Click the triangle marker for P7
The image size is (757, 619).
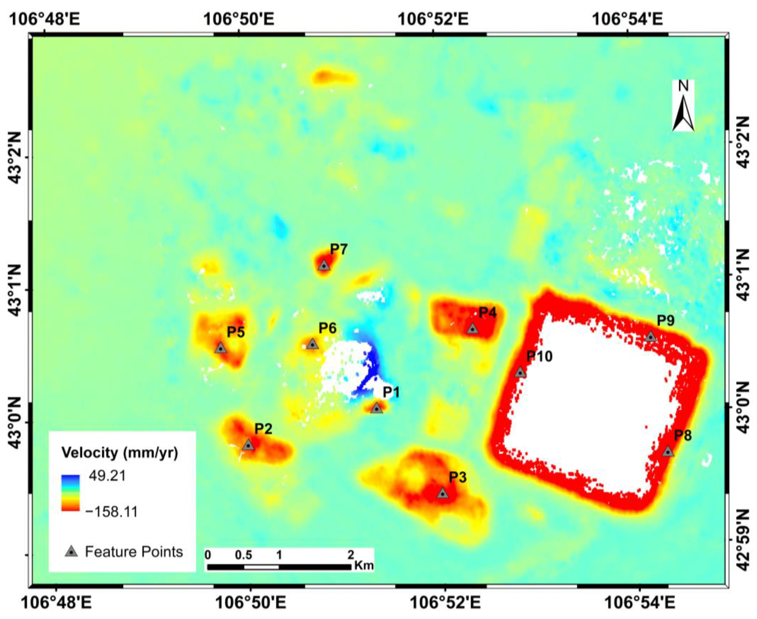coord(324,265)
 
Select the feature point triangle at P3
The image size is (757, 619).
coord(442,493)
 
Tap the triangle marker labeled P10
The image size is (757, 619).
coord(520,372)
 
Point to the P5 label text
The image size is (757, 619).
coord(236,332)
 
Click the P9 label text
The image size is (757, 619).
coord(666,321)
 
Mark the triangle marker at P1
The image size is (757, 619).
coord(376,408)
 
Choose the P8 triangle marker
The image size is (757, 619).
coord(668,451)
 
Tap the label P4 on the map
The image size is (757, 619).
coord(487,313)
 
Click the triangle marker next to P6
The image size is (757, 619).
coord(312,344)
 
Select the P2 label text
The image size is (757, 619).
coord(263,429)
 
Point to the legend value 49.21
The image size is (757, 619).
coord(107,476)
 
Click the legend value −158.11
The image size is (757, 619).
coord(112,512)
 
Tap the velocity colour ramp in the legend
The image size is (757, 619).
coord(70,493)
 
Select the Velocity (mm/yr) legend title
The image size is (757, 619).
coord(120,453)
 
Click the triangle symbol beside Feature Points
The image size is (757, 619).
coord(71,551)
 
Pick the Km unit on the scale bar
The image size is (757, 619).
coord(363,565)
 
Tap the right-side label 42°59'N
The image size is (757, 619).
coord(743,539)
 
